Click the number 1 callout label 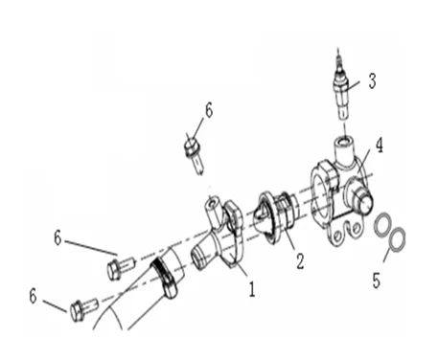[x=252, y=289]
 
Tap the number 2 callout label [x=300, y=260]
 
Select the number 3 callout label [x=372, y=80]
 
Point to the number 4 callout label [x=379, y=146]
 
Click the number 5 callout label [x=377, y=281]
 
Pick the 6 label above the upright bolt [x=209, y=110]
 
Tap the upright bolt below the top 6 [x=195, y=155]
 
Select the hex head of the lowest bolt [x=77, y=310]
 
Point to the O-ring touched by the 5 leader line [x=397, y=239]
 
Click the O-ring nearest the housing [x=382, y=226]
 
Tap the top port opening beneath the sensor [x=344, y=140]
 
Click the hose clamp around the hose [x=165, y=277]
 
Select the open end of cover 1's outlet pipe [x=197, y=259]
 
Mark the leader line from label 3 [x=353, y=85]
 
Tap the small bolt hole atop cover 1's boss [x=212, y=202]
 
